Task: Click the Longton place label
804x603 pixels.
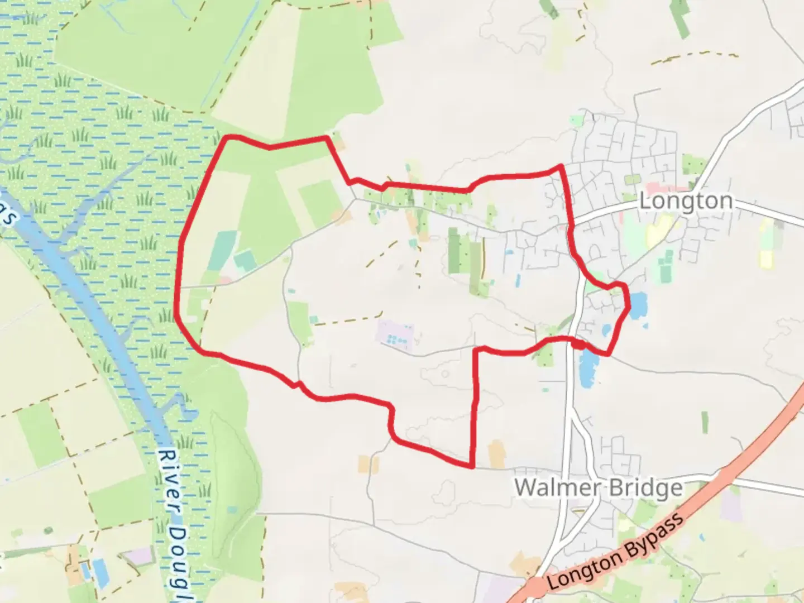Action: pos(686,201)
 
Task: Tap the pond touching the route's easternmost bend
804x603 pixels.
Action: pos(638,305)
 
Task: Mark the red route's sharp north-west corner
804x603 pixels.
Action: pos(227,137)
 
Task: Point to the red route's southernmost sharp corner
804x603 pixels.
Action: pos(473,466)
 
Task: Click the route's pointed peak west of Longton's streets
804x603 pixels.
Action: pos(560,166)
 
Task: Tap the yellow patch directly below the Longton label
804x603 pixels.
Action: pos(660,229)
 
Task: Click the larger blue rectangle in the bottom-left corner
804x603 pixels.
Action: pos(101,573)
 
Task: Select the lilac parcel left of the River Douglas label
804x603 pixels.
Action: pos(138,556)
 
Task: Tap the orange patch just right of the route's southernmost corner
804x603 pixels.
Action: pos(496,453)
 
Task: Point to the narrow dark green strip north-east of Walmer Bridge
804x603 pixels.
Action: pos(705,422)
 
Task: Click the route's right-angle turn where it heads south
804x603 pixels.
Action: pos(476,350)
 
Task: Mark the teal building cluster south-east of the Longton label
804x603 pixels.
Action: pos(666,266)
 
